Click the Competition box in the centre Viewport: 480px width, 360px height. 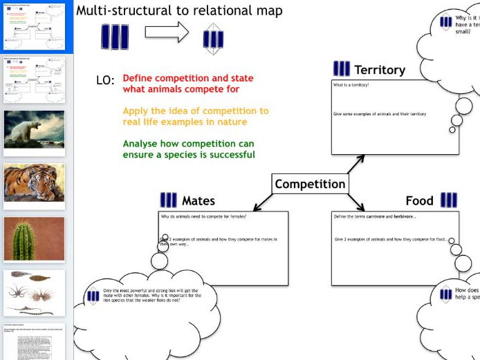click(310, 184)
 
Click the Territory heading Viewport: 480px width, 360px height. click(379, 70)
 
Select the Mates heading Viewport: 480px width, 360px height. click(198, 201)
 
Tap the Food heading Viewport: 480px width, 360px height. click(419, 201)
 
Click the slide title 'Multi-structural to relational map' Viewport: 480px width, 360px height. click(179, 11)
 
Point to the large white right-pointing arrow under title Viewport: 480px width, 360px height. click(167, 32)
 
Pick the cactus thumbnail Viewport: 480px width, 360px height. click(34, 238)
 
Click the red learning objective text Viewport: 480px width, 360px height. click(187, 84)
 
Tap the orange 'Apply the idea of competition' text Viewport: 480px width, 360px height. click(195, 116)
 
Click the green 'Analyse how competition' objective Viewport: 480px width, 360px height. click(188, 149)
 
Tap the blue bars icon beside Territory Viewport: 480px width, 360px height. click(341, 69)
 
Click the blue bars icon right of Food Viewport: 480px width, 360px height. click(448, 200)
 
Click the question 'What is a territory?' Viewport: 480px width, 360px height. click(351, 85)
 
